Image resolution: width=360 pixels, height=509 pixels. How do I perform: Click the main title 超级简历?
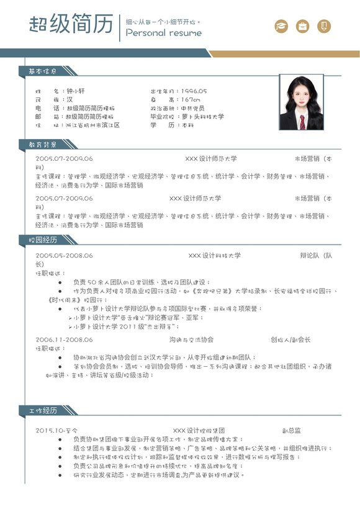click(71, 25)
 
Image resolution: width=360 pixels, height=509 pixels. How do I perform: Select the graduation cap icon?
click(282, 26)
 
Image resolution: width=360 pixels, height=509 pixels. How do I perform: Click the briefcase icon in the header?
click(303, 26)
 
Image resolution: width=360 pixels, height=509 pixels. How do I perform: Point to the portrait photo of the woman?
click(301, 102)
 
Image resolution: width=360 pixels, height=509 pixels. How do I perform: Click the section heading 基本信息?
click(43, 71)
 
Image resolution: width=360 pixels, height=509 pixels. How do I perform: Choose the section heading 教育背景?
click(43, 145)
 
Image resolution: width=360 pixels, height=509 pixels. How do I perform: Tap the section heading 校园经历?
click(43, 240)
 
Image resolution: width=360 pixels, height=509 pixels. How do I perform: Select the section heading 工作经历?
click(43, 410)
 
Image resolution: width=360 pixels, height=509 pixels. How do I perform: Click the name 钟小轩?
click(75, 91)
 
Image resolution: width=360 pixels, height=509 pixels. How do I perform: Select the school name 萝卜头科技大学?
click(202, 117)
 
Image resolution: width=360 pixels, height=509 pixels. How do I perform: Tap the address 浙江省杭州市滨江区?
click(92, 125)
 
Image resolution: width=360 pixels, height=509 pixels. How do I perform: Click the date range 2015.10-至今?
click(57, 430)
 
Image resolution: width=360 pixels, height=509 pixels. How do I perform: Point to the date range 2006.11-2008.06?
click(65, 340)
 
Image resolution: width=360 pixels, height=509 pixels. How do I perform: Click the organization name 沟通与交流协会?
click(191, 340)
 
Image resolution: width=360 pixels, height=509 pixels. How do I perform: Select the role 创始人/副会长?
click(290, 340)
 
